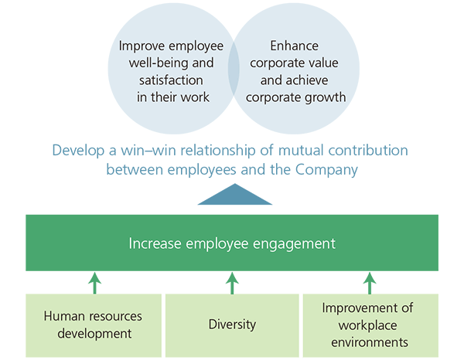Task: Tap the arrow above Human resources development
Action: (x=94, y=282)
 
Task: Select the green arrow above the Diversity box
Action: (x=232, y=282)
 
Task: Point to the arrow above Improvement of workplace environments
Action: (x=369, y=282)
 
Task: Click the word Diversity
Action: (x=232, y=325)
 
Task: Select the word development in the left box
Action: (x=94, y=334)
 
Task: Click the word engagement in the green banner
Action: (x=293, y=243)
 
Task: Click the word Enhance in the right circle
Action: (x=295, y=46)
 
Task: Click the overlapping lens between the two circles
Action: (x=233, y=72)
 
